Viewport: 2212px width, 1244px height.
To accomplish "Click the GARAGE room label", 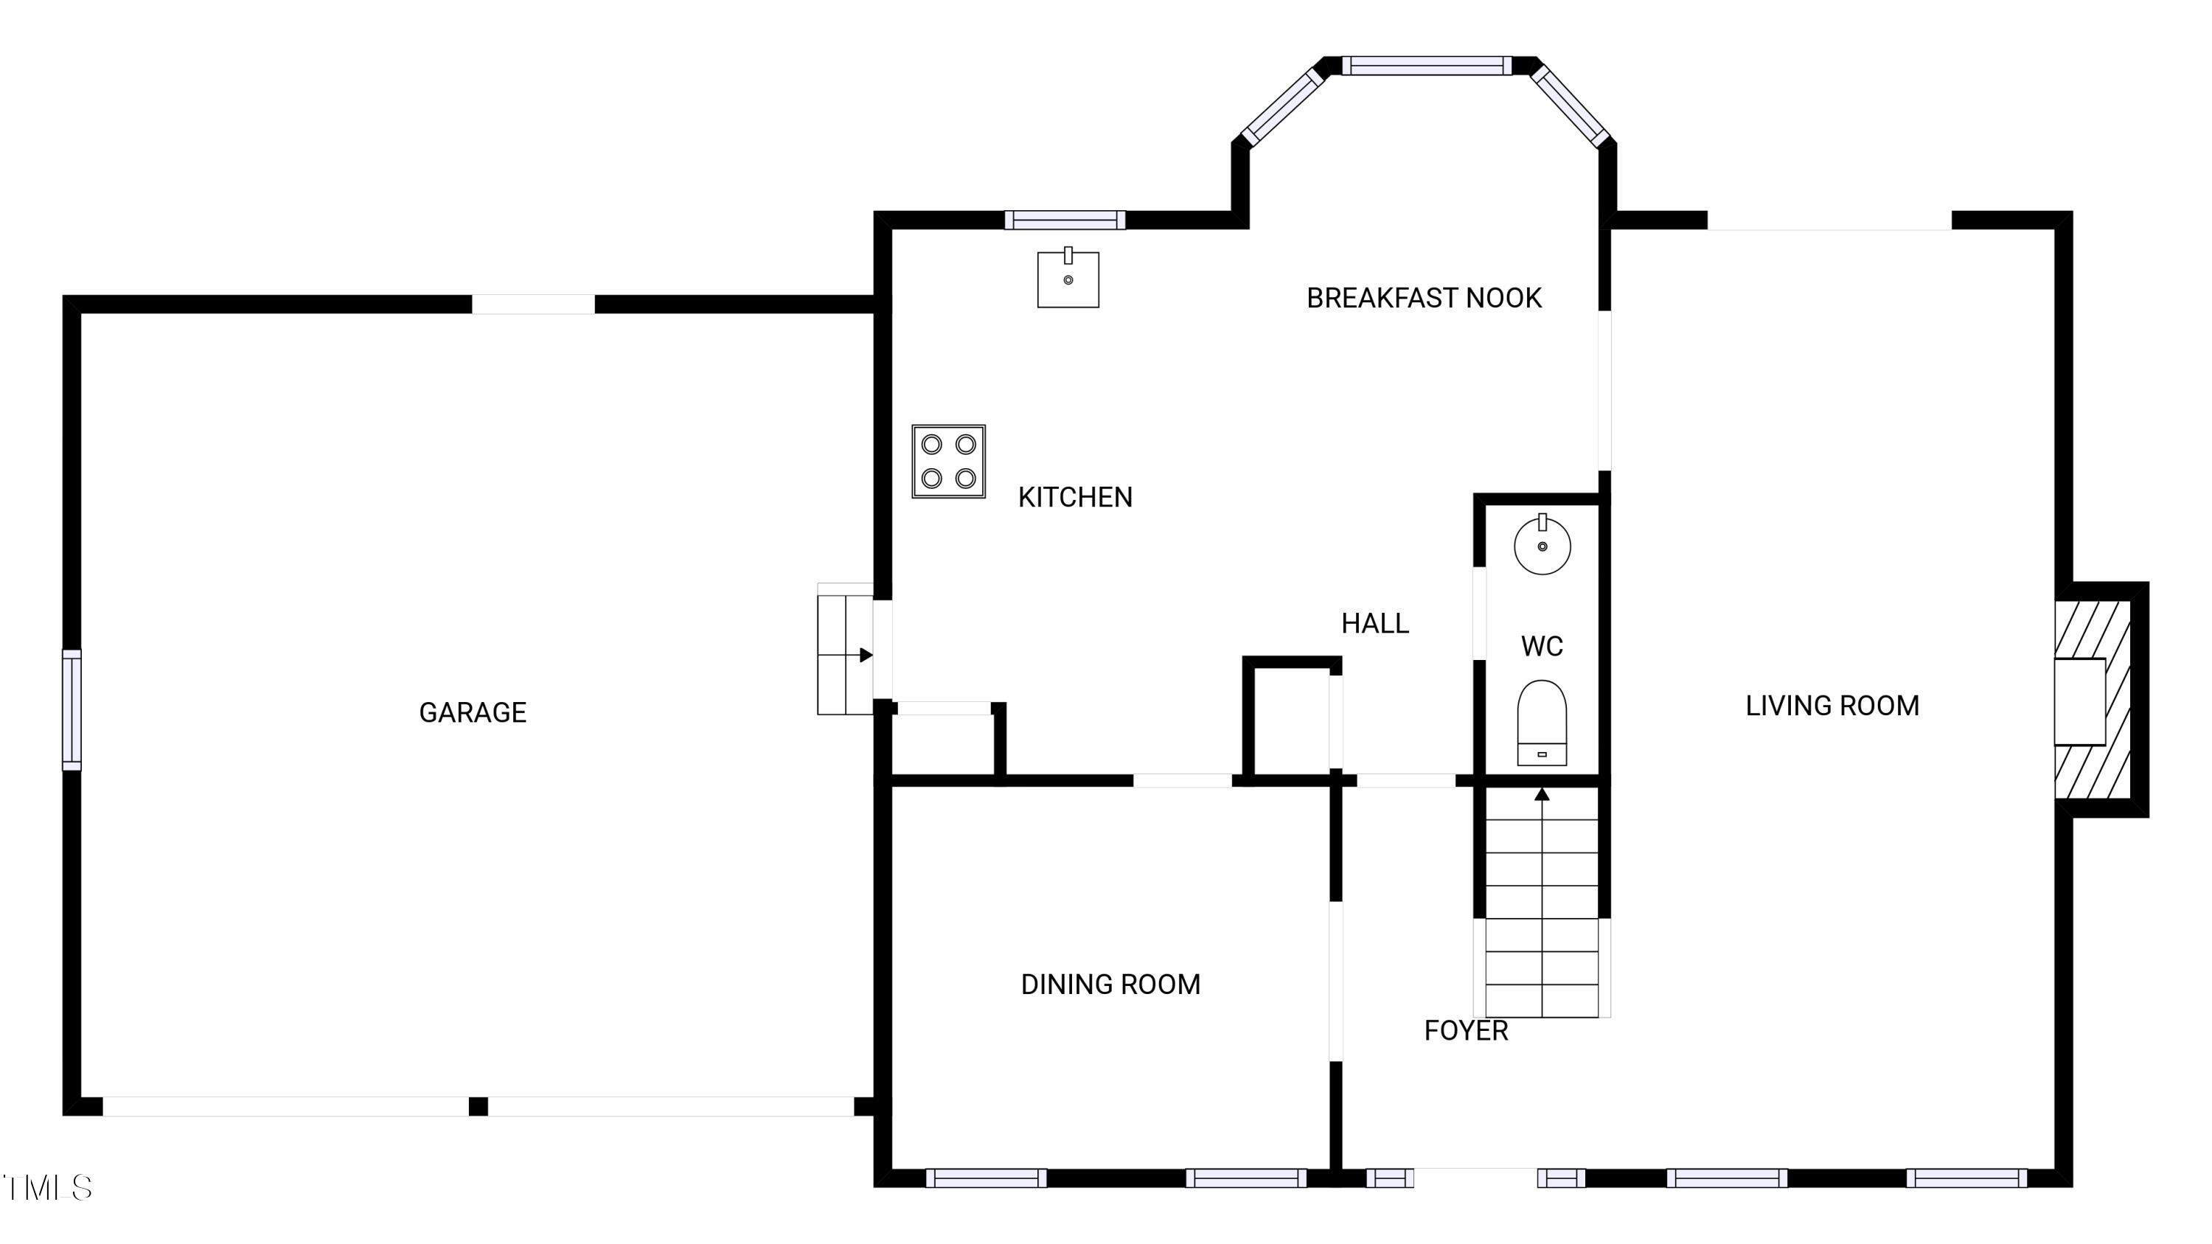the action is point(473,712).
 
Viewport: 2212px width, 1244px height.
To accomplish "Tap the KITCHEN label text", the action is point(1075,497).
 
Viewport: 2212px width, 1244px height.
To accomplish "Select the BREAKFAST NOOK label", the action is point(1424,298).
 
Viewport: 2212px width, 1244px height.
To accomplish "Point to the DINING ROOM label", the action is point(1110,984).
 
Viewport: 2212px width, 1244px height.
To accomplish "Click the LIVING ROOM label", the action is point(1832,706).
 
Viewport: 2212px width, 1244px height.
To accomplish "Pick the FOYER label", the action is point(1466,1030).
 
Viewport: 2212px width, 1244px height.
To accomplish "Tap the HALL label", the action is point(1375,623).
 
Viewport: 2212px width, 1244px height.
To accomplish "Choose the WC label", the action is point(1541,647).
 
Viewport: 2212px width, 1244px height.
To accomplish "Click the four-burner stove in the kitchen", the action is point(948,461).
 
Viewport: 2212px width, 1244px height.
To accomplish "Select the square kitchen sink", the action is point(1068,278).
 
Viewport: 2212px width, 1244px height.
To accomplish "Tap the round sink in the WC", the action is point(1543,544).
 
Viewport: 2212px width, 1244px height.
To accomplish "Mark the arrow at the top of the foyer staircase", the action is point(1543,795).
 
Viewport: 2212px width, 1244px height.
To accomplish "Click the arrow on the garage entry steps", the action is point(866,655).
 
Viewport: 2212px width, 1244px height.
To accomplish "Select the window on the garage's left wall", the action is point(72,709).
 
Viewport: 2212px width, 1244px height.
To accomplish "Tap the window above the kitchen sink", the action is point(1065,220).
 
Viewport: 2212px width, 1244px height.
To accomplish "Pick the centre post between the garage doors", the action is point(479,1107).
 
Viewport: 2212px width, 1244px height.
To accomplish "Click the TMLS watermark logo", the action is point(48,1187).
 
